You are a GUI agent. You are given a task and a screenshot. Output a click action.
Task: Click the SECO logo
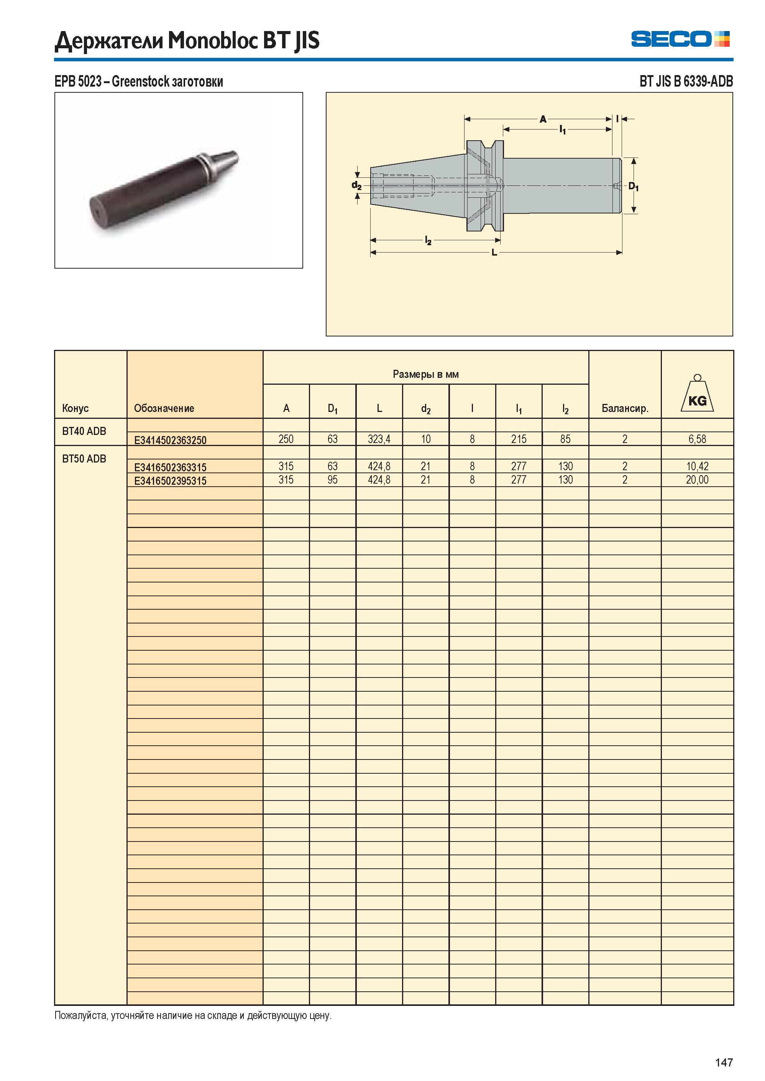680,39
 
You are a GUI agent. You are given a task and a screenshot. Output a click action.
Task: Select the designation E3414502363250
170,440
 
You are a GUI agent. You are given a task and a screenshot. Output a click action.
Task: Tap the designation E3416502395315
170,481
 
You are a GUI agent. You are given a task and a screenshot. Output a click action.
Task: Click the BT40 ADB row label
84,431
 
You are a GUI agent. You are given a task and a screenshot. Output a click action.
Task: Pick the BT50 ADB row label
84,458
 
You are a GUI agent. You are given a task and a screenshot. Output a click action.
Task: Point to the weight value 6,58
697,439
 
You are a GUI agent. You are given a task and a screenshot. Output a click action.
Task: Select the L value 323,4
379,439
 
